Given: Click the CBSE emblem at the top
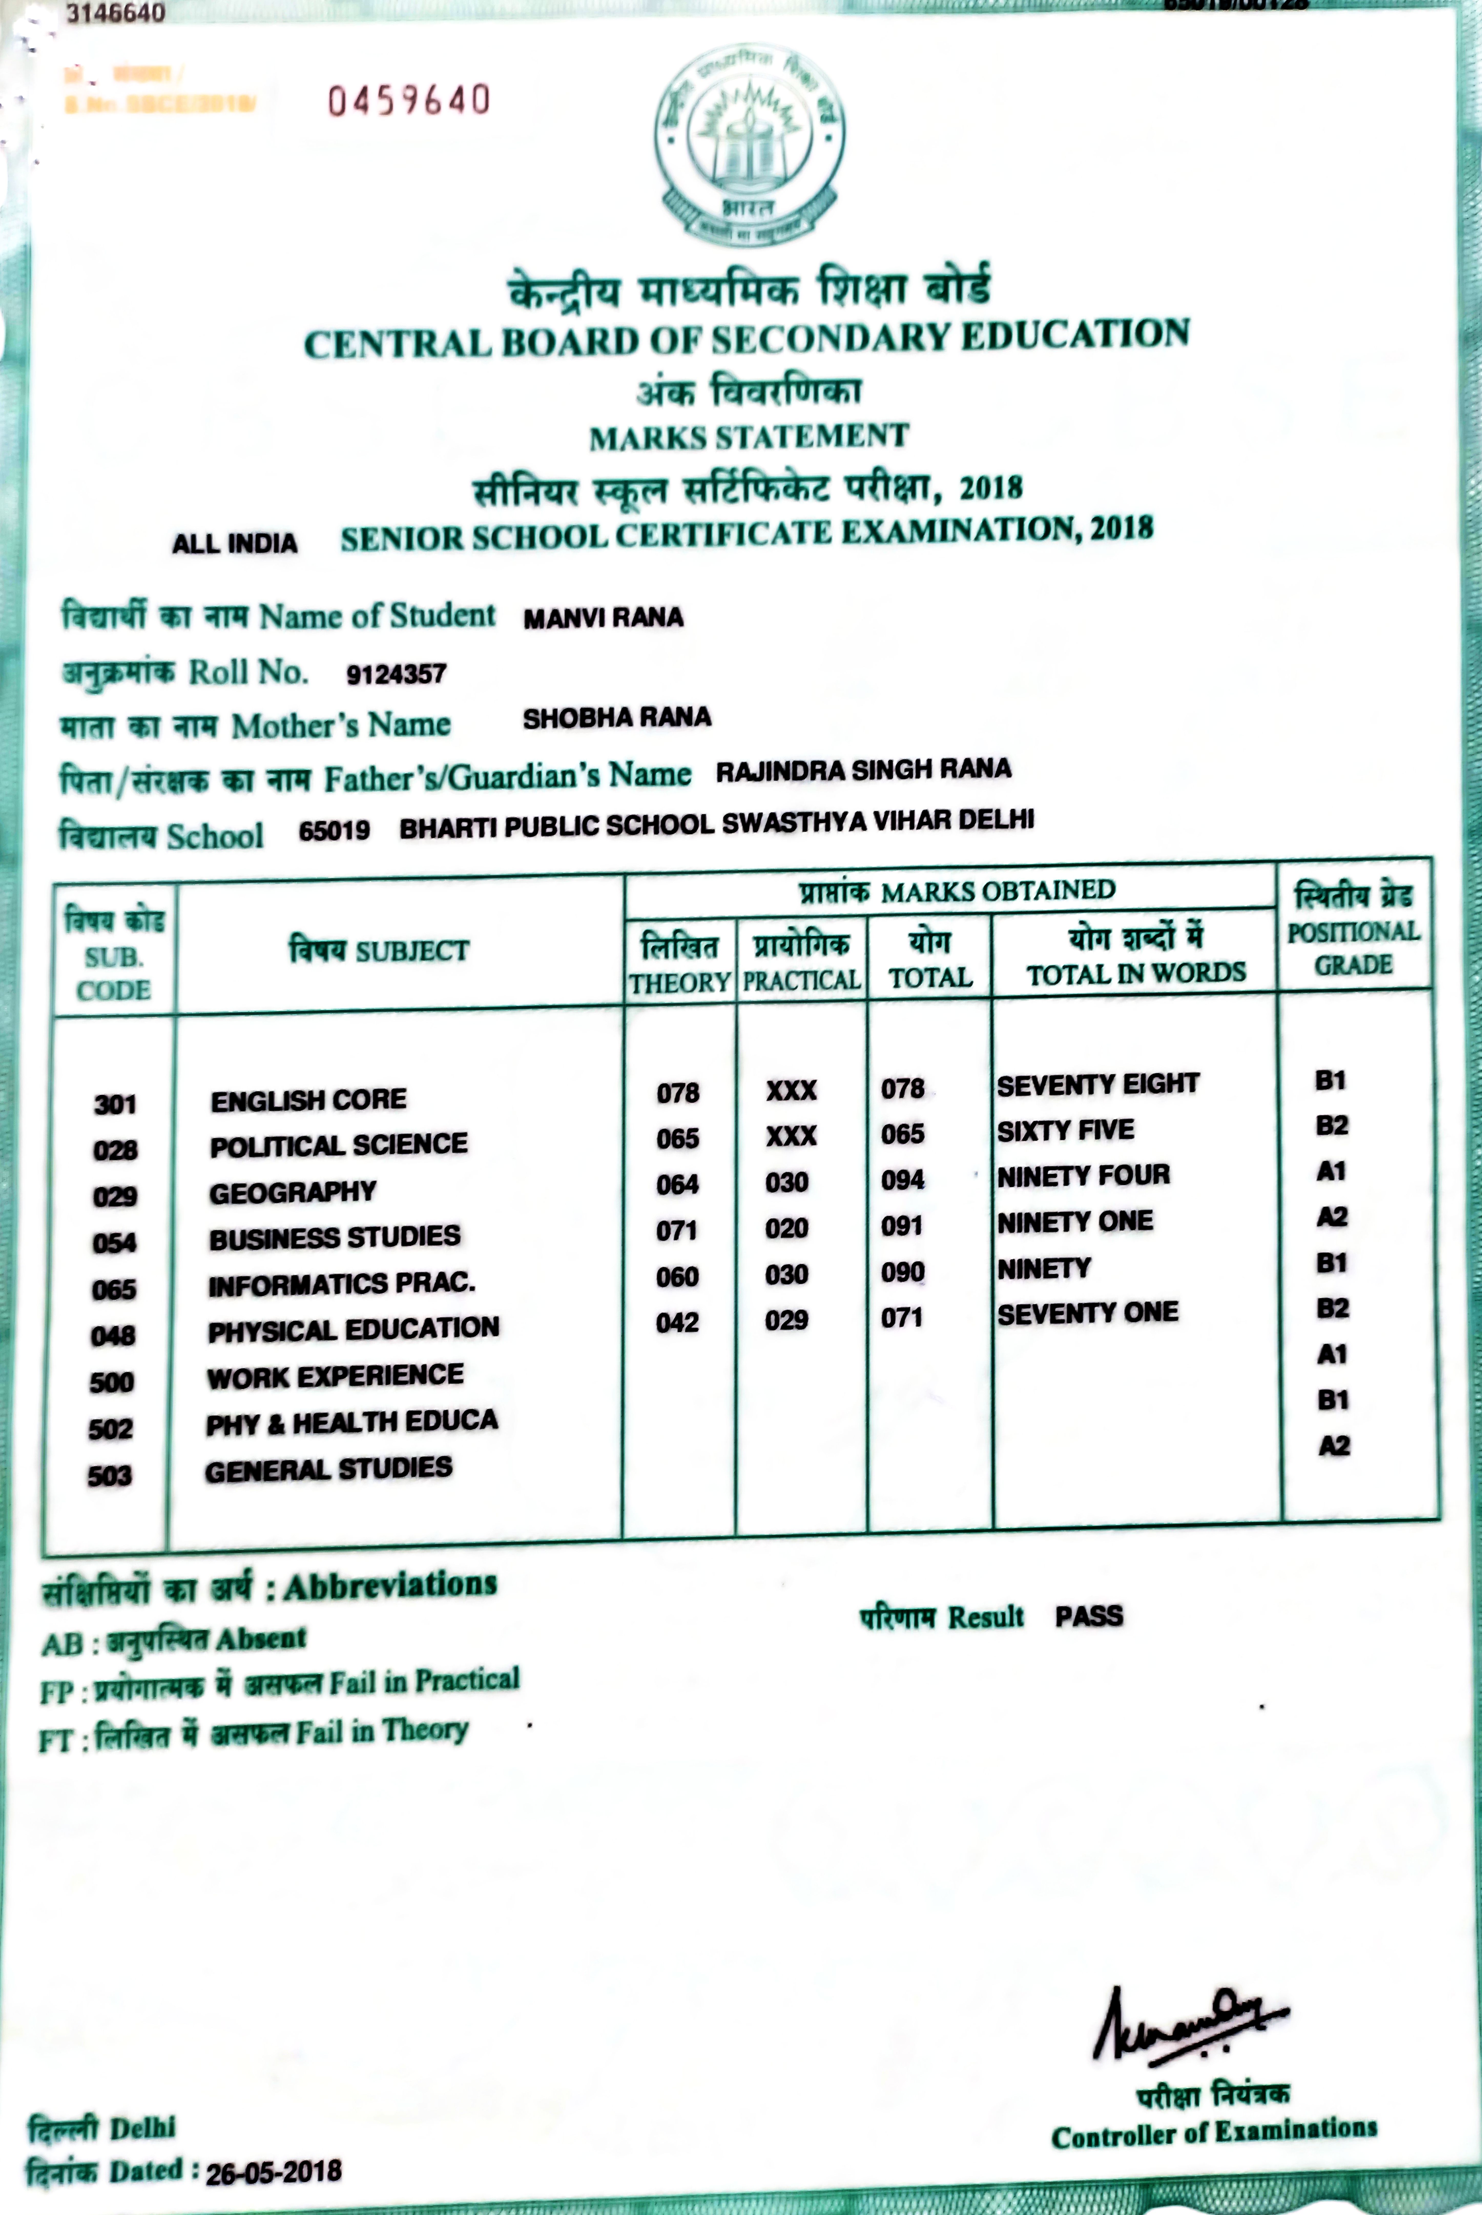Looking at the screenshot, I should [x=750, y=144].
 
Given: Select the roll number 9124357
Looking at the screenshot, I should [x=396, y=674].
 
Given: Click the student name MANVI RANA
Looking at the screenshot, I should [x=603, y=617].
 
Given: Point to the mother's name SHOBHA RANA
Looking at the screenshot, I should [x=616, y=717].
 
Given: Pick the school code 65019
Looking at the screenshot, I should [x=334, y=830].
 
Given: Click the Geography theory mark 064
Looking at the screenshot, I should [x=678, y=1184].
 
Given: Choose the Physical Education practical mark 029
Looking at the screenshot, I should [x=786, y=1320].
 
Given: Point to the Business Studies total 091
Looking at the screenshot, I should [x=902, y=1226].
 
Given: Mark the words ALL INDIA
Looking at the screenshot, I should [x=234, y=544].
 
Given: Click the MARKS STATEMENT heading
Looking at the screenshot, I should [x=749, y=437].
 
